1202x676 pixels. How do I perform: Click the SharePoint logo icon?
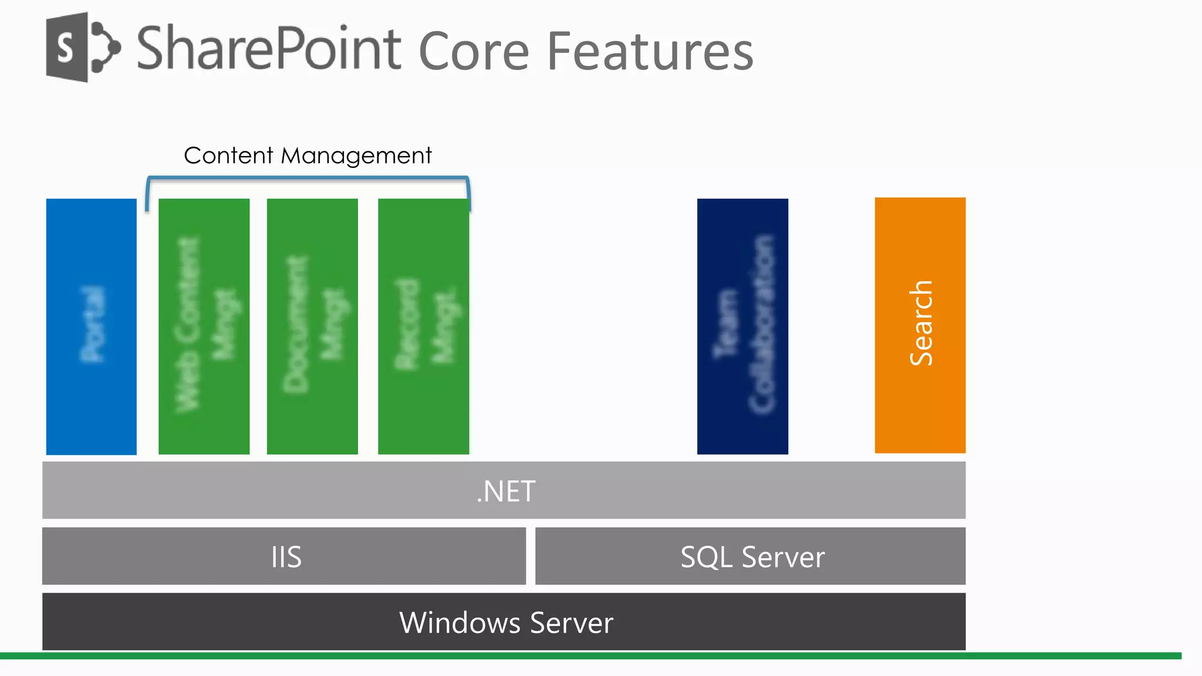pos(82,48)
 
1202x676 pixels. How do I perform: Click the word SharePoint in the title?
pos(269,49)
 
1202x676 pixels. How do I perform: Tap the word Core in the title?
pos(474,52)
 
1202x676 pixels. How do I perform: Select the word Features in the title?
pos(650,52)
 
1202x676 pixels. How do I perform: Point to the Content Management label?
pos(308,156)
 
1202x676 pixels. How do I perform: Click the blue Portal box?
pos(92,326)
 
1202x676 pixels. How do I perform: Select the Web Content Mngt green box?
pos(204,326)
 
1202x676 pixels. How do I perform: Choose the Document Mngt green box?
pos(312,326)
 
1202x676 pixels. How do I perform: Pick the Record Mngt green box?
pos(423,326)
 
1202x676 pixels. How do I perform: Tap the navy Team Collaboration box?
pos(742,326)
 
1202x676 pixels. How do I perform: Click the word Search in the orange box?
pos(920,323)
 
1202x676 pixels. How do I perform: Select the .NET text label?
pos(506,491)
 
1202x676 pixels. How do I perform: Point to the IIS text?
pos(286,557)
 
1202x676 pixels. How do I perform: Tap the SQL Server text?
pos(752,557)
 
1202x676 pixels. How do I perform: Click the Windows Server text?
pos(506,623)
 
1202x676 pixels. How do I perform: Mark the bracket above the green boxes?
pos(308,178)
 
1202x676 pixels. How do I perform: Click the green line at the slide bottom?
pos(587,655)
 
